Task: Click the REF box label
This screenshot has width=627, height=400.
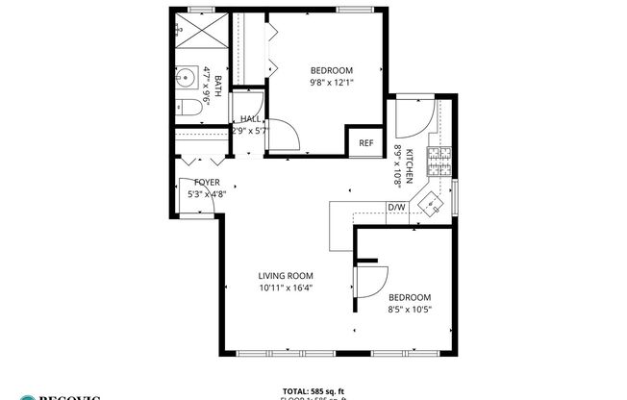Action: [365, 143]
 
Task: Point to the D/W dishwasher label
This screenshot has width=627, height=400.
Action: [395, 207]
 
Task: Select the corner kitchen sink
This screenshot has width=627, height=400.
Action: [433, 203]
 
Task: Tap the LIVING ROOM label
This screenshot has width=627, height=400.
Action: [286, 275]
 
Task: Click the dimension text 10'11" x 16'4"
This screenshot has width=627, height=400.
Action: [286, 287]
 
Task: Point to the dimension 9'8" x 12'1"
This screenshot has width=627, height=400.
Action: [332, 83]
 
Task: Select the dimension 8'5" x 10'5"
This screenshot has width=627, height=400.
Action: [409, 310]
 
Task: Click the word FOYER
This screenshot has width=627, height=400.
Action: [207, 182]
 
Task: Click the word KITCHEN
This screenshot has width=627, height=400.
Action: [409, 166]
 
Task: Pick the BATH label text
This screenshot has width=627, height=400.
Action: [217, 87]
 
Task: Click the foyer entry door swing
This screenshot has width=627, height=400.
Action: [190, 198]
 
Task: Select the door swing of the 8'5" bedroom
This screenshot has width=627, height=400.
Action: [369, 281]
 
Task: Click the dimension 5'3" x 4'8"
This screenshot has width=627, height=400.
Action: [207, 193]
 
